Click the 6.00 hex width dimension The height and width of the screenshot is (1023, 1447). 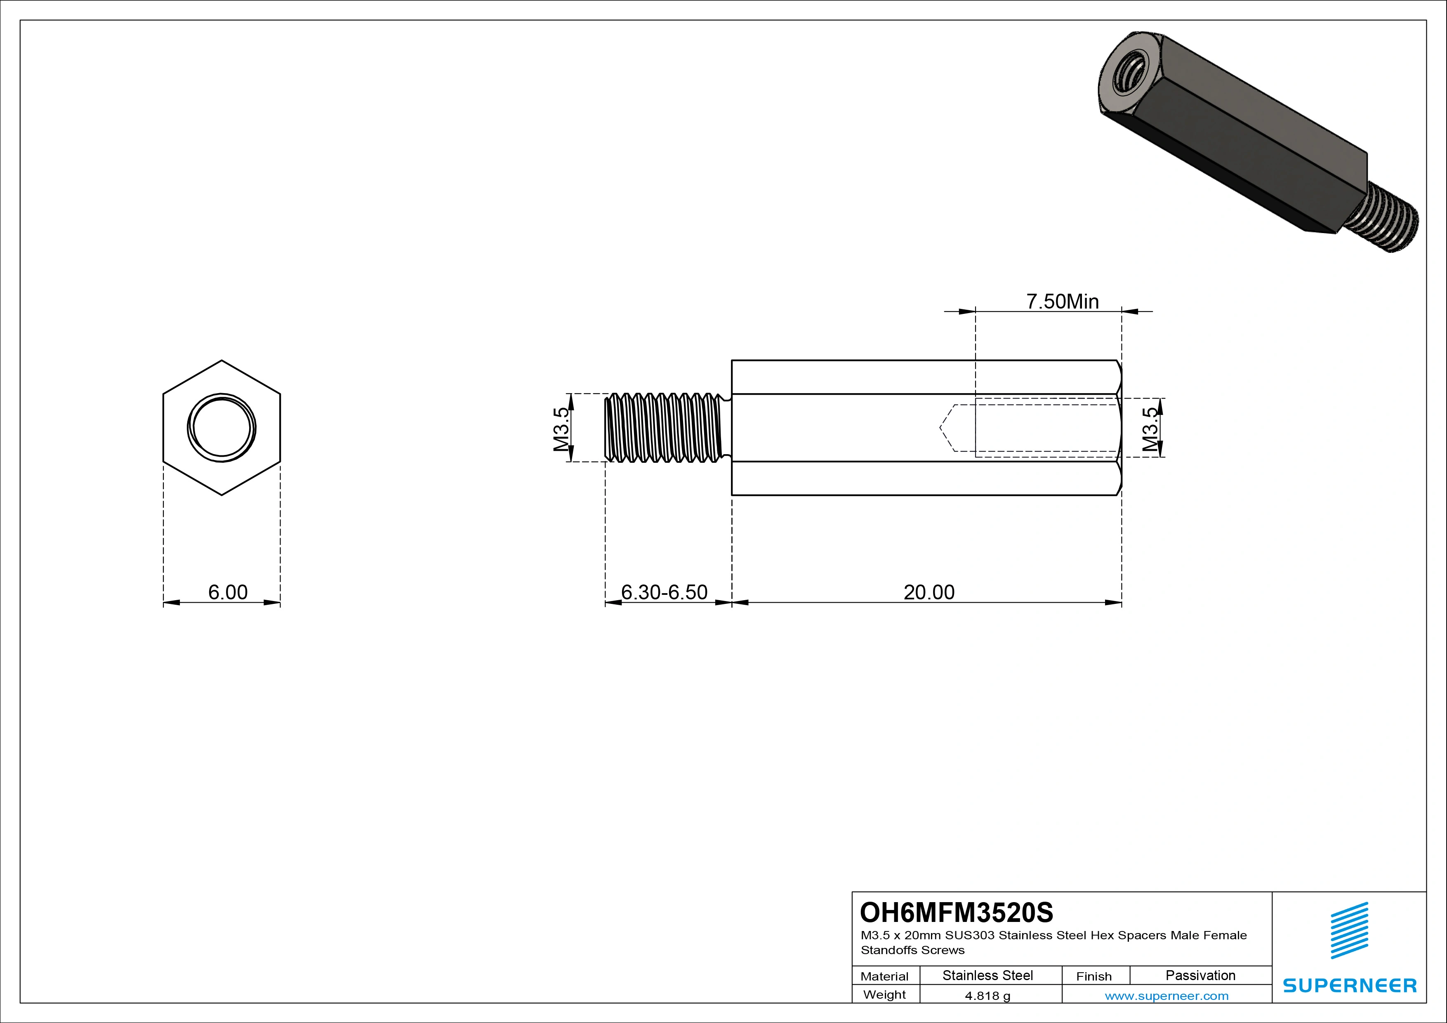coord(228,592)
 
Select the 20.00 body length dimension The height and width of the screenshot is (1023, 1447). coord(929,592)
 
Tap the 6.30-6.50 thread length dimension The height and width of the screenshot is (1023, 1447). coord(664,592)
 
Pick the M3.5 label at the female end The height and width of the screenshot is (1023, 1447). coord(1150,429)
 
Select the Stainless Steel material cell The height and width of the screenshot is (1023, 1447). coord(987,975)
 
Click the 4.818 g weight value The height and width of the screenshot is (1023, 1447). coord(987,996)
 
